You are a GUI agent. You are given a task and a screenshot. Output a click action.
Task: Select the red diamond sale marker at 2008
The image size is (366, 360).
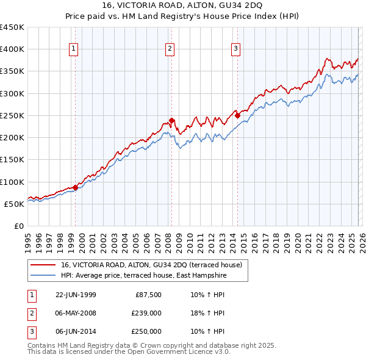(x=171, y=120)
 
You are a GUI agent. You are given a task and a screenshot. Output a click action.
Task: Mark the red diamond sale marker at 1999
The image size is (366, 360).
(x=76, y=187)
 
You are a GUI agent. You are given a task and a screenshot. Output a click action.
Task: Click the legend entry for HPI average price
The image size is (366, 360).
(x=143, y=276)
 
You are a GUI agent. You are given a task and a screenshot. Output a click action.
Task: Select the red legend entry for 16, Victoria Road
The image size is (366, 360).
(x=152, y=265)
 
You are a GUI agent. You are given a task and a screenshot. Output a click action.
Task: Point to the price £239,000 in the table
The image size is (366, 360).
(x=147, y=313)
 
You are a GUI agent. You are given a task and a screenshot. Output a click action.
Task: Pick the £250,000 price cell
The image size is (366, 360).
(x=147, y=331)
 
